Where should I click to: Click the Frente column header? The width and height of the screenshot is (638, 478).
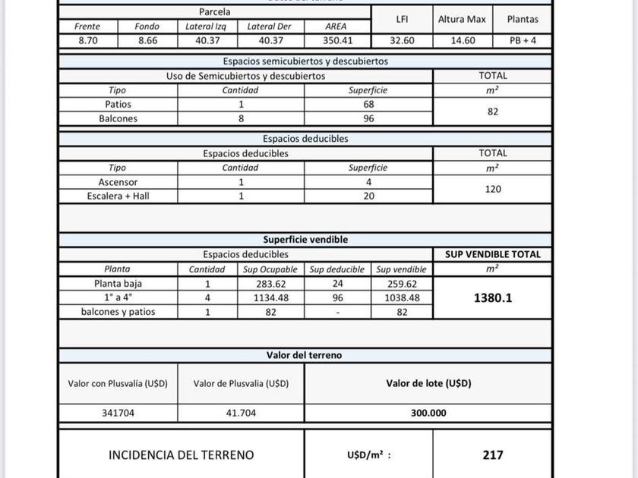(87, 27)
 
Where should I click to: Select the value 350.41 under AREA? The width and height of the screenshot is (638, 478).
(335, 41)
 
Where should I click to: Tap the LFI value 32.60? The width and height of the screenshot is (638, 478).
(402, 41)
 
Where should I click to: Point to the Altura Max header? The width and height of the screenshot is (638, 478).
(462, 19)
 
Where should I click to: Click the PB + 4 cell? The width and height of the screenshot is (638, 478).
(523, 41)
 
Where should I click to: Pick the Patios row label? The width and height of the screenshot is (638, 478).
(118, 104)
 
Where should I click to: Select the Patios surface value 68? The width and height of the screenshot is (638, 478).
(368, 104)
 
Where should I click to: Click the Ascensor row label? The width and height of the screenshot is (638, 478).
(118, 182)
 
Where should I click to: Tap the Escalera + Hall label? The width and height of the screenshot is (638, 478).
(118, 196)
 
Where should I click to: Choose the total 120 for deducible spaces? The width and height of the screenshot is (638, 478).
(493, 189)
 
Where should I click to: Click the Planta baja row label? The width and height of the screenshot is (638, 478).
(118, 284)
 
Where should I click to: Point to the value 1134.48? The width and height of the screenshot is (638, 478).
(270, 298)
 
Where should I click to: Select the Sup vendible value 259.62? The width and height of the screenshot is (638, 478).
(402, 284)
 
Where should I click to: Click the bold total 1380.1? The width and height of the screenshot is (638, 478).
(493, 298)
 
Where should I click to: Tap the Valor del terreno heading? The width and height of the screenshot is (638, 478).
(305, 355)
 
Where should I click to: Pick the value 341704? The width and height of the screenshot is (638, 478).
(118, 414)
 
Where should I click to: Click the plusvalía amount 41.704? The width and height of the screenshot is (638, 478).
(241, 414)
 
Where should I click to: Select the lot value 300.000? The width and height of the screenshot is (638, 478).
(428, 414)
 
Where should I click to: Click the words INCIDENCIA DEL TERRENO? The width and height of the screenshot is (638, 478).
(182, 455)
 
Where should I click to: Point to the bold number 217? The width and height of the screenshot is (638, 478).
(493, 455)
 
